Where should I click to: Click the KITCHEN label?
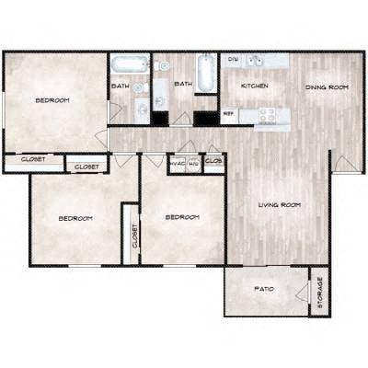tap(254, 86)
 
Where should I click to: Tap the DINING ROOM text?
tap(326, 87)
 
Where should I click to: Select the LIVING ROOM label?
tap(280, 204)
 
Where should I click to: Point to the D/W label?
tap(233, 60)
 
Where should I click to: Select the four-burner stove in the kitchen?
tap(269, 115)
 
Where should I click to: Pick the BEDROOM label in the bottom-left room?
tap(75, 218)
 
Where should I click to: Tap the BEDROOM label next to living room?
tap(181, 217)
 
